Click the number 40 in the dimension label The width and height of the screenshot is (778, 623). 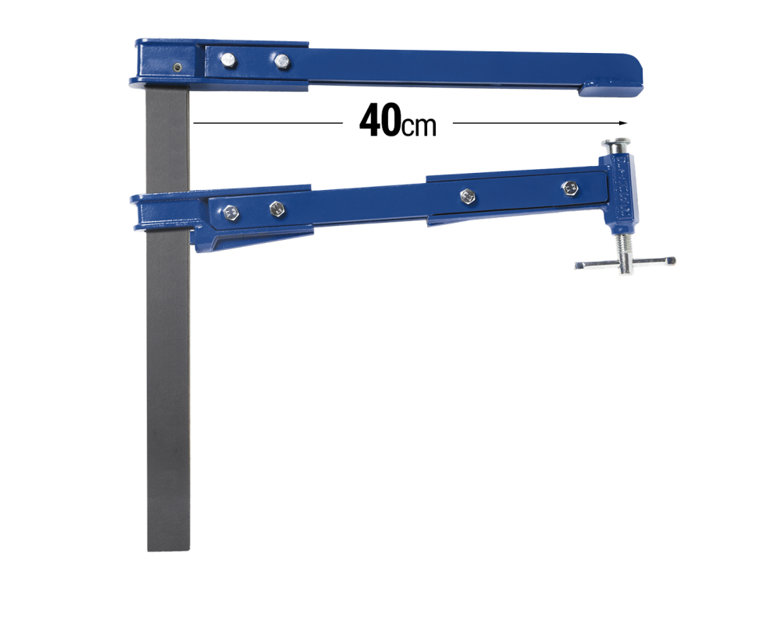pos(380,122)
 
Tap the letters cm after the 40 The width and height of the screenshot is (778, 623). pos(419,126)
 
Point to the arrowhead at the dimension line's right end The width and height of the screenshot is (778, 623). pos(622,123)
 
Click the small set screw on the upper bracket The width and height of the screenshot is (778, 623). pos(178,68)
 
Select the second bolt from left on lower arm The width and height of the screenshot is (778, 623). pos(276,208)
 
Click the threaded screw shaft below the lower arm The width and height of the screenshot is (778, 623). pos(625,245)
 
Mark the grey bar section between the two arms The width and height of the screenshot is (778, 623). pos(167,140)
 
